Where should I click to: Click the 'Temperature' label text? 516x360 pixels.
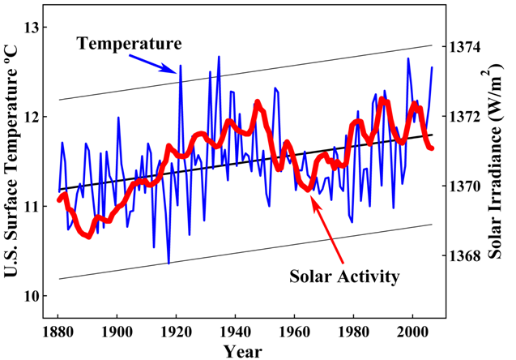[130, 42]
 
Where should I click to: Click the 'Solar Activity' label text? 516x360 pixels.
[344, 276]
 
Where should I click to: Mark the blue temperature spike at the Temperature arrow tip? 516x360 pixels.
[180, 66]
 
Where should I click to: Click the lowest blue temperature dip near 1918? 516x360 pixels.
[168, 263]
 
